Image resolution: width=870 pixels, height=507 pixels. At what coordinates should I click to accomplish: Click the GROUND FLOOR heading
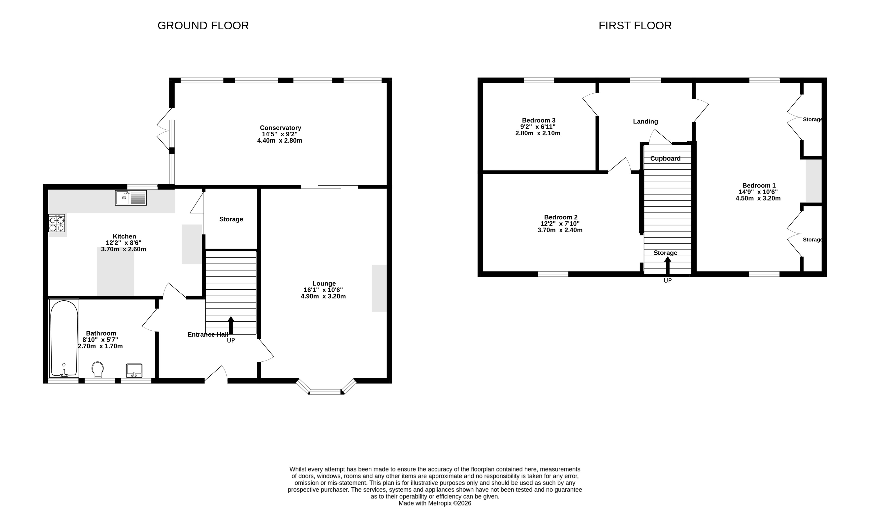click(x=203, y=26)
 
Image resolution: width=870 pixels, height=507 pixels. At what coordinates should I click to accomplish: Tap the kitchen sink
click(x=131, y=198)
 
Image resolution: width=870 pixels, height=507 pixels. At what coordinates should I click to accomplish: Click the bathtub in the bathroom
click(x=64, y=338)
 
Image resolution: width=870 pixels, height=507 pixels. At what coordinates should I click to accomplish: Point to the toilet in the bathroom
click(x=98, y=369)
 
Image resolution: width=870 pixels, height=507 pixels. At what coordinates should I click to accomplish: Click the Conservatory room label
click(x=280, y=128)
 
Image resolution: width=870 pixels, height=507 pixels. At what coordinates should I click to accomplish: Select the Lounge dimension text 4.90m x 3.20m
click(x=323, y=296)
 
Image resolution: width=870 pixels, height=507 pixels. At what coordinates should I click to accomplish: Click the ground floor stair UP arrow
click(x=231, y=325)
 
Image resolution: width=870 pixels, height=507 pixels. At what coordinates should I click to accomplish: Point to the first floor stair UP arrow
click(x=668, y=265)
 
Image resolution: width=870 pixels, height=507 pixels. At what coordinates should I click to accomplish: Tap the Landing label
click(x=645, y=122)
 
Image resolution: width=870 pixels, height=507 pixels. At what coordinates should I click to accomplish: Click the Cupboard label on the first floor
click(x=665, y=159)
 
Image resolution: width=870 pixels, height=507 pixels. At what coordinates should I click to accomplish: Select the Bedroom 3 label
click(x=539, y=120)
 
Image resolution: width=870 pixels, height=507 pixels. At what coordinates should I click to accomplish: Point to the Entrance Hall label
click(x=208, y=335)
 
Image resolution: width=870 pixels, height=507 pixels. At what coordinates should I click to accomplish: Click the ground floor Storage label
click(x=231, y=219)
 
